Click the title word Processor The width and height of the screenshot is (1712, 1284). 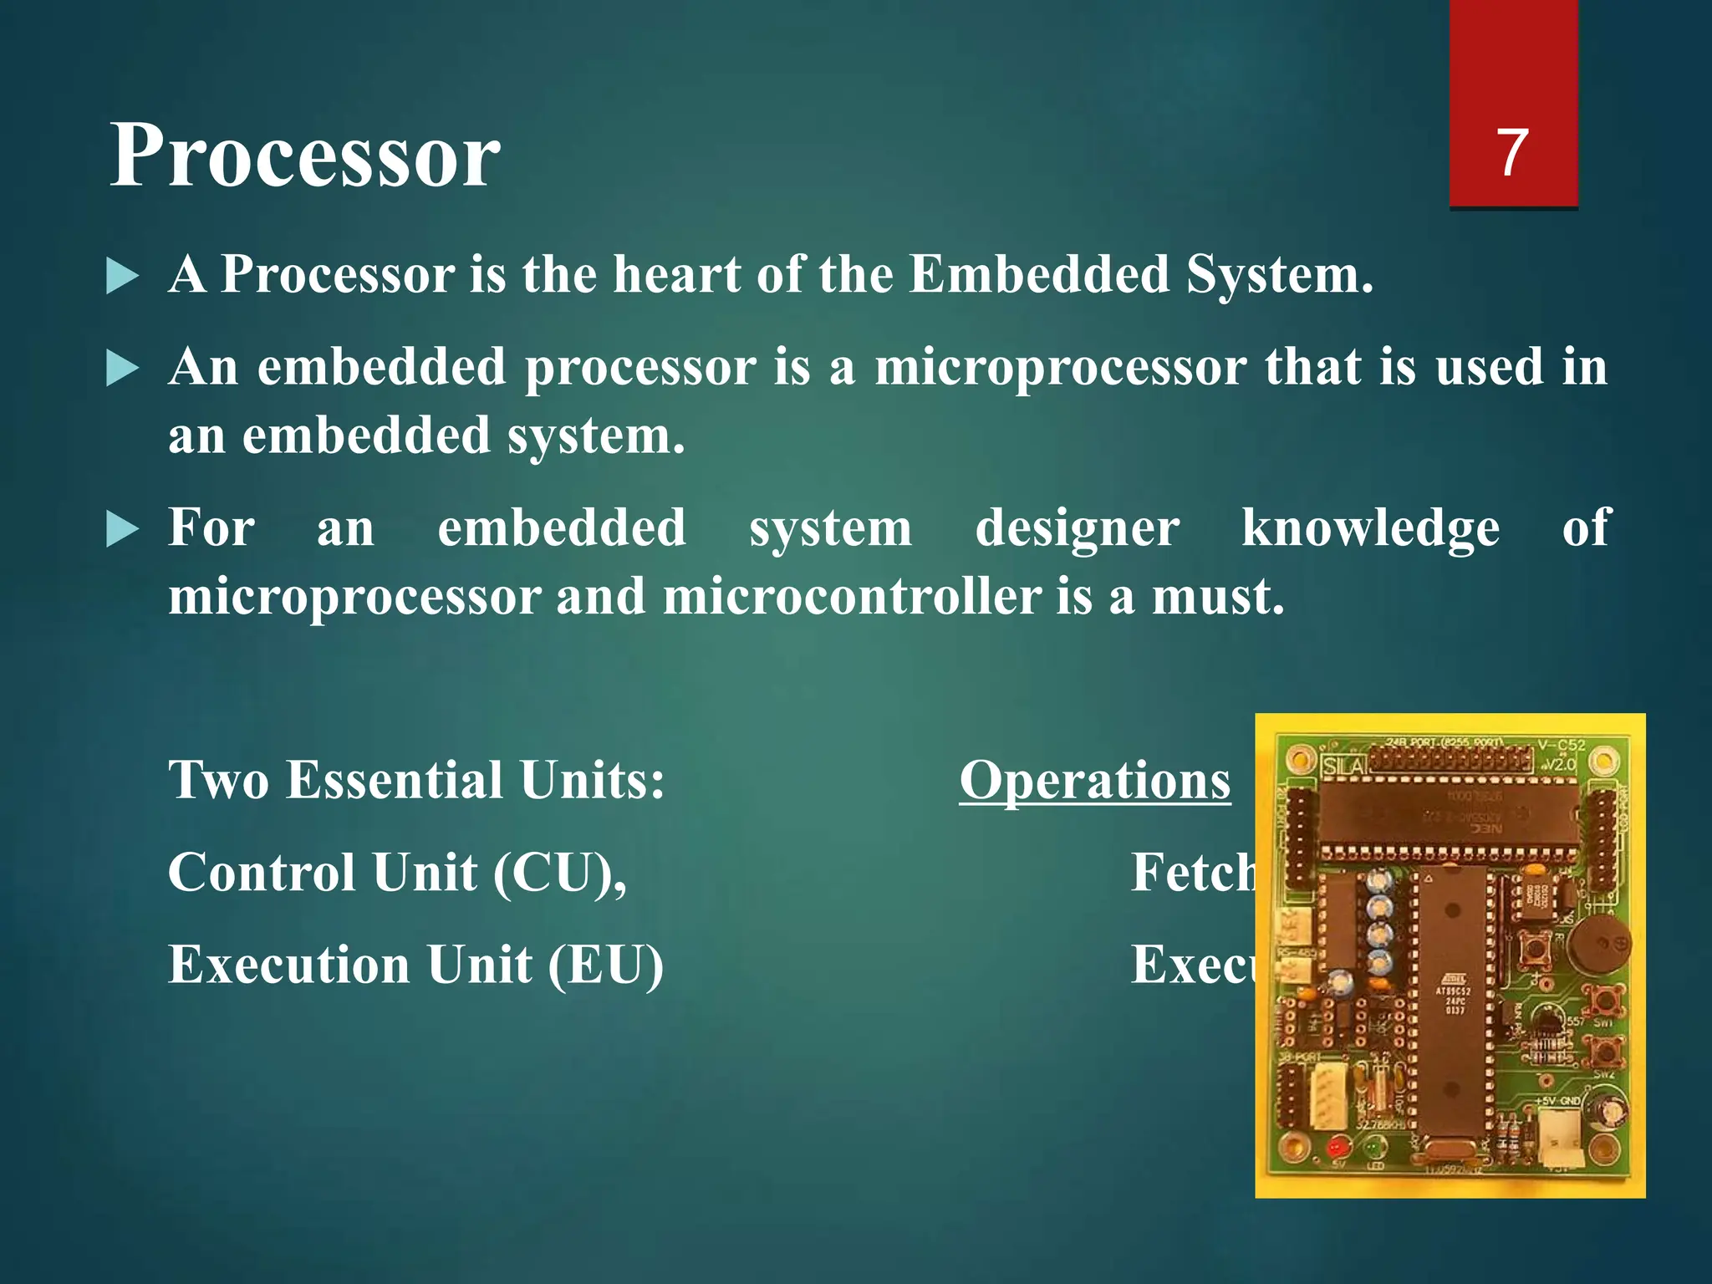(305, 155)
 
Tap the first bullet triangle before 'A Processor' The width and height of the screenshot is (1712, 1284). (122, 277)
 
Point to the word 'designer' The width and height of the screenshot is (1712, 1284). (1078, 528)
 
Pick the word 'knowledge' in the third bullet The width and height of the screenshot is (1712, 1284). (1370, 528)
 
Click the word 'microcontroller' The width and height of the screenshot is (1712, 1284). (852, 597)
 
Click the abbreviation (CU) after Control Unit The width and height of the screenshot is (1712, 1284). (559, 873)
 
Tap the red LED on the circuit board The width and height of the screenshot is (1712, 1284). (1335, 1146)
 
